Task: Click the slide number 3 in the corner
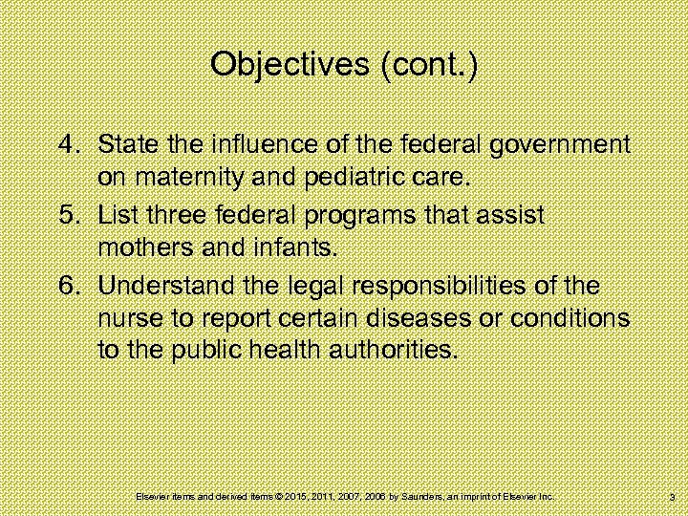[673, 498]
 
